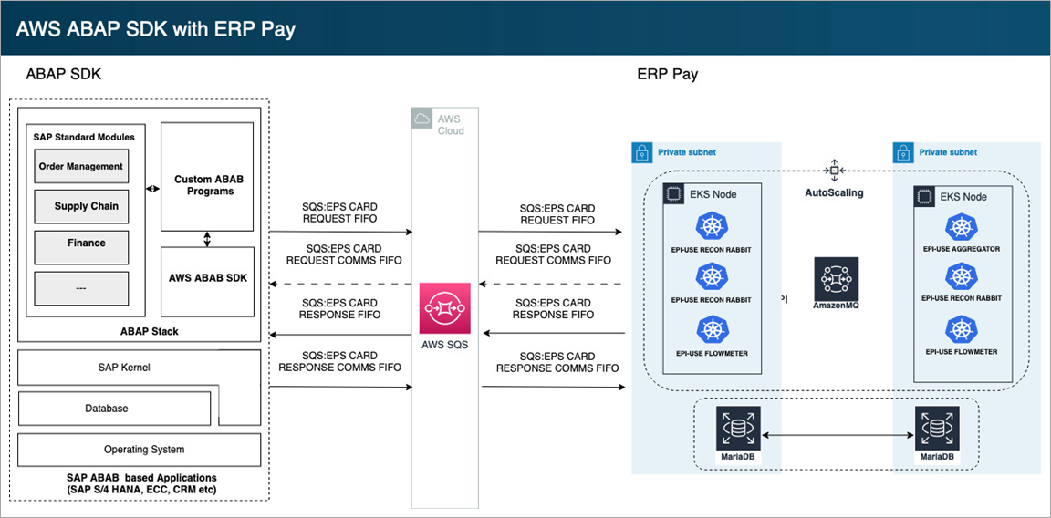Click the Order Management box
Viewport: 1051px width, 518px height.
tap(80, 167)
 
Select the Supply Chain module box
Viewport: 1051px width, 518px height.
tap(80, 206)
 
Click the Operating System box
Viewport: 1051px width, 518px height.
tap(140, 450)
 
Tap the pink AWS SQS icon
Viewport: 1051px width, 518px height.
tap(444, 308)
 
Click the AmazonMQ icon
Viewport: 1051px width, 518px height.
tap(837, 279)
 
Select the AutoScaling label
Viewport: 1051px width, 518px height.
tap(834, 193)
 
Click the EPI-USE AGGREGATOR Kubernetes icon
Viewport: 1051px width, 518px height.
tap(961, 228)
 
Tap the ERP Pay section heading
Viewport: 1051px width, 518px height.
tap(667, 74)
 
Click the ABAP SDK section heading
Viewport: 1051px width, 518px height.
tap(63, 74)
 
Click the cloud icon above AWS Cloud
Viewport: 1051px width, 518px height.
tap(421, 119)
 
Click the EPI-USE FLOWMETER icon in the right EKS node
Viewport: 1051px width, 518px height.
tap(961, 330)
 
